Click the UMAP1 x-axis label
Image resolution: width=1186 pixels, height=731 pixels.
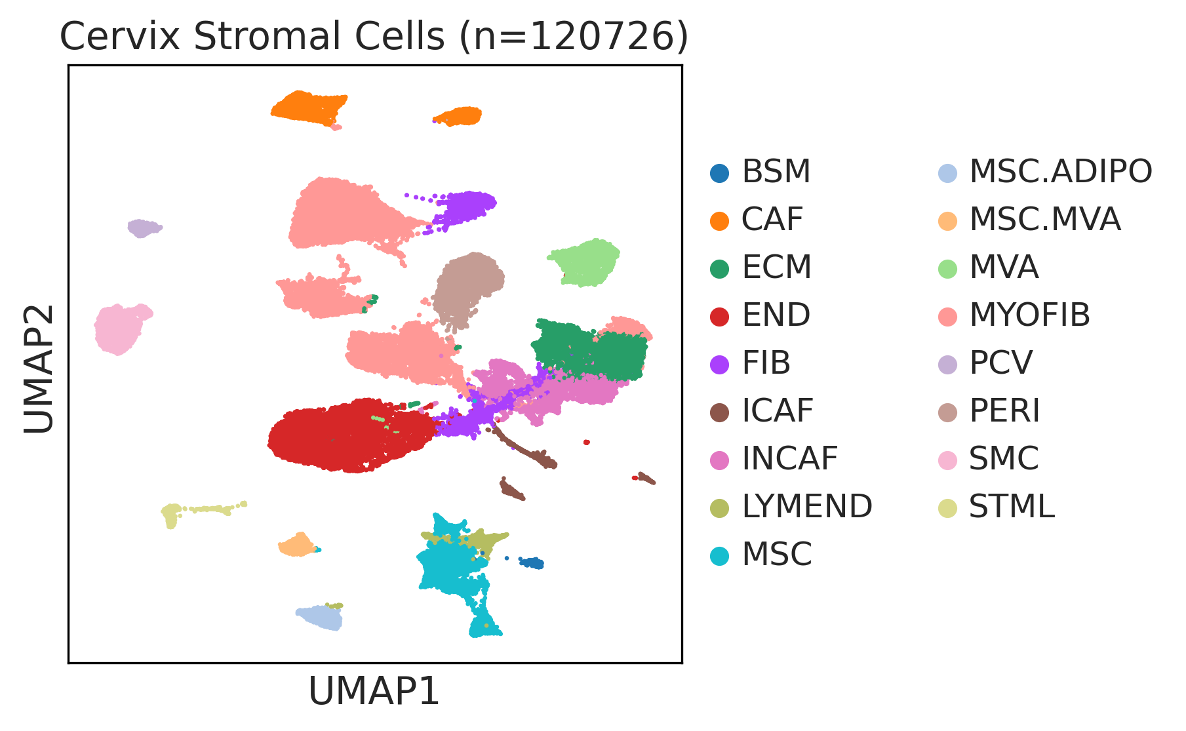(374, 691)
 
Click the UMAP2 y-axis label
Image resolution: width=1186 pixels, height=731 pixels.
(39, 369)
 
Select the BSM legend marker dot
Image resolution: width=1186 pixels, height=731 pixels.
(720, 173)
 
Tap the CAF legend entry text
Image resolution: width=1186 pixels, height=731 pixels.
(772, 219)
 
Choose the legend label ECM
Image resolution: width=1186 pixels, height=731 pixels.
(777, 267)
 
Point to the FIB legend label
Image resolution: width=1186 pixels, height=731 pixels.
(766, 363)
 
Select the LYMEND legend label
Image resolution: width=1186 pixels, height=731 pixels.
(807, 506)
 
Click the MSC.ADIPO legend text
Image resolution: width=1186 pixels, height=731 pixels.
(1061, 172)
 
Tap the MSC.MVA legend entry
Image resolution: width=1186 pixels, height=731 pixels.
(1045, 219)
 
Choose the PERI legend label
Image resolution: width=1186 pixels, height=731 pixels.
(1004, 411)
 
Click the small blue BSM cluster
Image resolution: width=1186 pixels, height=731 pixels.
(532, 563)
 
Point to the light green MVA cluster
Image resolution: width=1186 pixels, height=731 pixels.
(585, 262)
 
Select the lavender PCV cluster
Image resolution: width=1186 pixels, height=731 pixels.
(143, 228)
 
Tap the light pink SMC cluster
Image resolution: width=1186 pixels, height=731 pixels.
(120, 329)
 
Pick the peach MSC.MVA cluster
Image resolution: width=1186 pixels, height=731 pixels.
(298, 545)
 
